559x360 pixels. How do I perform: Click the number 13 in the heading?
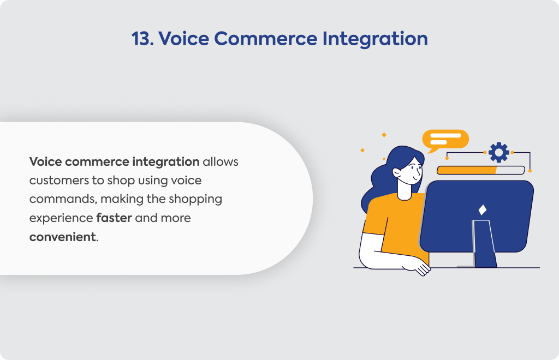(142, 39)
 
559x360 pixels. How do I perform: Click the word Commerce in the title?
(266, 39)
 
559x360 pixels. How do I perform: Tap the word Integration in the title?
(375, 39)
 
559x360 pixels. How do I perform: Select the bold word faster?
(114, 218)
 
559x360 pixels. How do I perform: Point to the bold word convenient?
(63, 237)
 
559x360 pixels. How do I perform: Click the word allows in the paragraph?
(221, 161)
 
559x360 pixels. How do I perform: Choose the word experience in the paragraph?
(61, 218)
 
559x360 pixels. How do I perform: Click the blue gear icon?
(499, 152)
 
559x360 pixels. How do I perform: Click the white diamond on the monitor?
(483, 210)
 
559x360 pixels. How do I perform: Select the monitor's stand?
(484, 244)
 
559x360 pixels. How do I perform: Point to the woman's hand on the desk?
(418, 268)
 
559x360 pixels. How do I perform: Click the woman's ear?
(397, 172)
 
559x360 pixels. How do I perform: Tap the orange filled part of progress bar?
(466, 170)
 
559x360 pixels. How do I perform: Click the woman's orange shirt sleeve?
(376, 217)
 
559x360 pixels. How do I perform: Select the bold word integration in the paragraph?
(166, 162)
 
